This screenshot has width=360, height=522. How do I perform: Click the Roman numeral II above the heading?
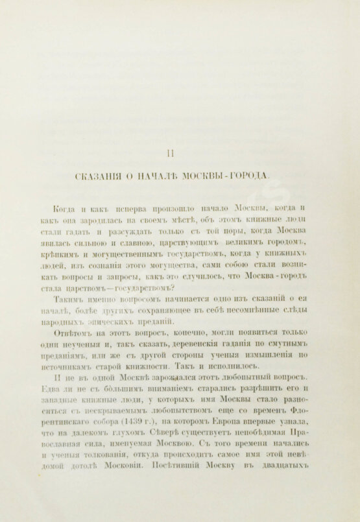click(170, 153)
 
